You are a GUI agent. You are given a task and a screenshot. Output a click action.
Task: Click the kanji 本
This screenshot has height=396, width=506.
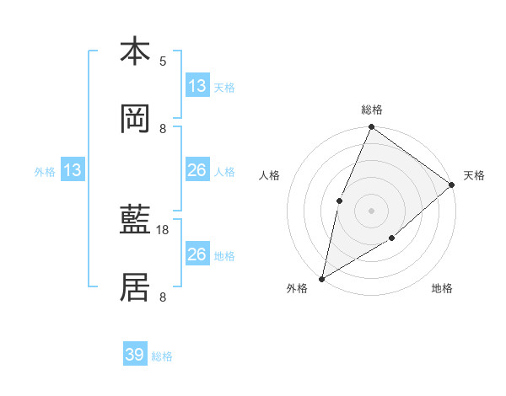pos(135,51)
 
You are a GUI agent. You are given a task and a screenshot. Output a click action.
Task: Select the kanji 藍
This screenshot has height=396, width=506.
pos(135,222)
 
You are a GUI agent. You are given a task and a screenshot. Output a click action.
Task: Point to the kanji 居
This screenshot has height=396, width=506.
pos(135,289)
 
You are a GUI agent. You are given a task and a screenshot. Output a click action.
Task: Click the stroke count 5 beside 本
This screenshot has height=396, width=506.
pos(163,61)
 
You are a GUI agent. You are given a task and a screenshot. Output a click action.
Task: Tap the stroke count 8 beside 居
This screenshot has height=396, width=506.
pos(163,297)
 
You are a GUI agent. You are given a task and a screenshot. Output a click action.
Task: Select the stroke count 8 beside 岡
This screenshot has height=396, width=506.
pos(163,128)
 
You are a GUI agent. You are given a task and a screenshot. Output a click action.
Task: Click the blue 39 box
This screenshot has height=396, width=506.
pos(135,355)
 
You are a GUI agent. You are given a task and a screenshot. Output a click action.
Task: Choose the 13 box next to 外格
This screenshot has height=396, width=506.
pos(73,170)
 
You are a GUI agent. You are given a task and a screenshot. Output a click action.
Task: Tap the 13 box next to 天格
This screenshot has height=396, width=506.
pos(197,86)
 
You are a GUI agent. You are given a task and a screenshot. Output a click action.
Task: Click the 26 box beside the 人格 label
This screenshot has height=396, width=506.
pos(197,170)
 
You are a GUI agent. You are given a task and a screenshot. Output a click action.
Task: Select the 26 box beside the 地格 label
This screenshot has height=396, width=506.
pos(197,254)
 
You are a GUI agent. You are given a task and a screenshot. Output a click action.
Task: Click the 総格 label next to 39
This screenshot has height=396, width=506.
pos(163,356)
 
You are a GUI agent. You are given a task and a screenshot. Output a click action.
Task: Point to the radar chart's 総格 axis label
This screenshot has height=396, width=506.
pos(371,110)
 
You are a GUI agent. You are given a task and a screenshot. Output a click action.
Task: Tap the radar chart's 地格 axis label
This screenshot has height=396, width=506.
pos(442,288)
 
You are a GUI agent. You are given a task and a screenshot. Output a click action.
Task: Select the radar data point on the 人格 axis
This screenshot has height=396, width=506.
pos(339,201)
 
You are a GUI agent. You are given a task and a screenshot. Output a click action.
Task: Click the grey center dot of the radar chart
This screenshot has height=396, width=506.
pos(371,211)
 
